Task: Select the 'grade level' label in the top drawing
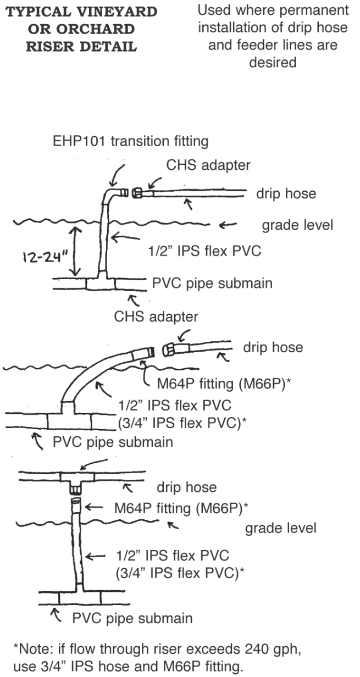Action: pos(297,226)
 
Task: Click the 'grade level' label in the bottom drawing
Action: pos(280,529)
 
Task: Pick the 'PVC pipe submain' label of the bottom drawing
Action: pos(132,618)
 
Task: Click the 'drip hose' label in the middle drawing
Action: pos(275,348)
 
